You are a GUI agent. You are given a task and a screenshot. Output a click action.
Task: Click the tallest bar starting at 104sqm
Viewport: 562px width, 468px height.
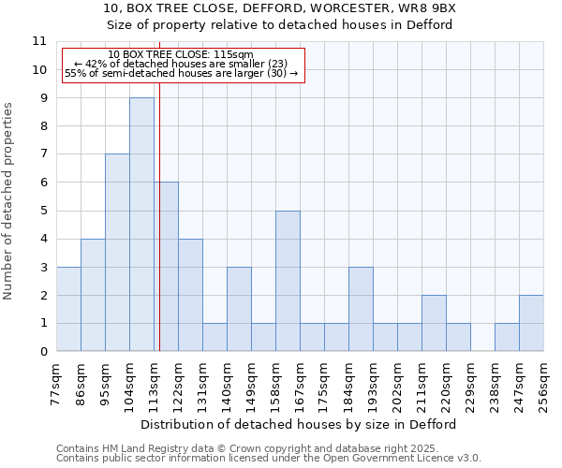coord(141,225)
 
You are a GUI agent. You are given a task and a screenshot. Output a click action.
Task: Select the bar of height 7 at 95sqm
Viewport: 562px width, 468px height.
coord(117,253)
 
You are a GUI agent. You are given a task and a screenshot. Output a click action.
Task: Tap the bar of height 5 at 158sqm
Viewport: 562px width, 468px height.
coord(288,281)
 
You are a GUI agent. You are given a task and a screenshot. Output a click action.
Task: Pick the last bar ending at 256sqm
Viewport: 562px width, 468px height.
coord(531,323)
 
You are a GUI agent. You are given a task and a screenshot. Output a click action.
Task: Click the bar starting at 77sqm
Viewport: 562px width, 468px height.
coord(68,309)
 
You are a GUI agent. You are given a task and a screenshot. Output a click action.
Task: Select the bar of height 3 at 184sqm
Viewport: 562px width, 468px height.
coord(361,309)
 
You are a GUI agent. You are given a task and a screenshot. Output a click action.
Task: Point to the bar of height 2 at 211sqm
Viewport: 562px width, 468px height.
coord(434,323)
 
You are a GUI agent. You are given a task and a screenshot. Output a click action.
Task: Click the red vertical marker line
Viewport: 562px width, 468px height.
coord(160,234)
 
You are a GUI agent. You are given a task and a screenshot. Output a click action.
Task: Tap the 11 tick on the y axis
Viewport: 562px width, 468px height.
coord(39,41)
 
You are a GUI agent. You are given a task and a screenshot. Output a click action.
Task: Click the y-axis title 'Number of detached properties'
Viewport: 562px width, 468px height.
coord(9,201)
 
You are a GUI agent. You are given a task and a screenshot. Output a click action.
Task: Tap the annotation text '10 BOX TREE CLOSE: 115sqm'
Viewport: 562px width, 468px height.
coord(180,55)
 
